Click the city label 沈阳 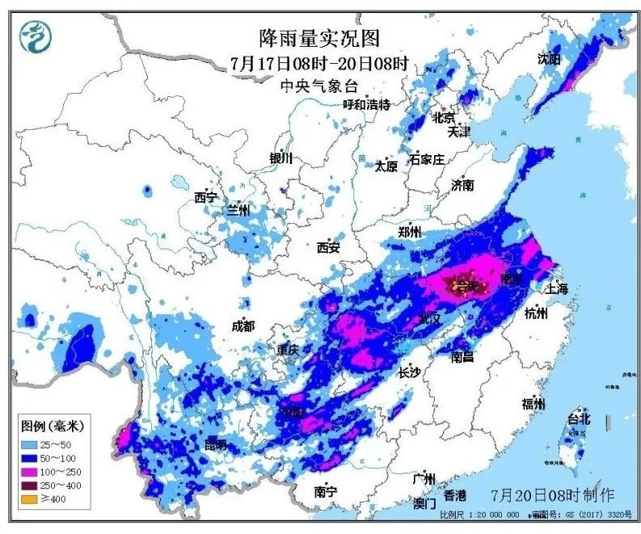point(549,59)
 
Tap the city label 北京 point(444,117)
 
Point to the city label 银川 point(280,158)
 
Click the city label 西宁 point(206,197)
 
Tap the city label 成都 point(242,326)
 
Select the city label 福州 point(533,403)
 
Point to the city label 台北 point(579,418)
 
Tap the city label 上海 point(557,288)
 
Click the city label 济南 point(463,185)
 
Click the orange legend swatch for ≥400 point(30,498)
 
